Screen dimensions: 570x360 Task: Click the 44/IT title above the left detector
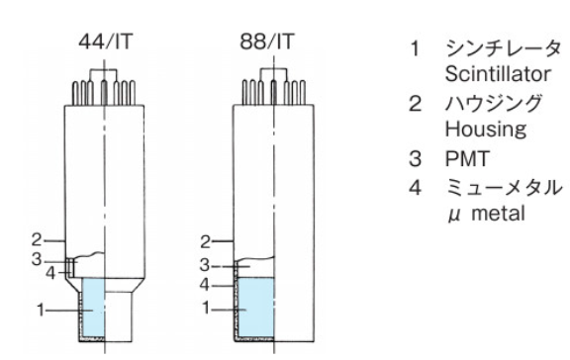106,42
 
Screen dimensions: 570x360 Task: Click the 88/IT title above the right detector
266,42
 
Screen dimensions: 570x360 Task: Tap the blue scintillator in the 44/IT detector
94,308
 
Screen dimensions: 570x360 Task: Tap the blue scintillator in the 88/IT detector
256,308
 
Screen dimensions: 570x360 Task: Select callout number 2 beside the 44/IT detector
37,240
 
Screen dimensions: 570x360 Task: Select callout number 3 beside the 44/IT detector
37,260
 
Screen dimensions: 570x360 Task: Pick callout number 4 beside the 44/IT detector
50,273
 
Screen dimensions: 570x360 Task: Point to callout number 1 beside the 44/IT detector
41,311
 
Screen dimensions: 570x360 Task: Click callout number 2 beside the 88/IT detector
206,242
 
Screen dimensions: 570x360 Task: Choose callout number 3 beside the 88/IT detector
205,266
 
